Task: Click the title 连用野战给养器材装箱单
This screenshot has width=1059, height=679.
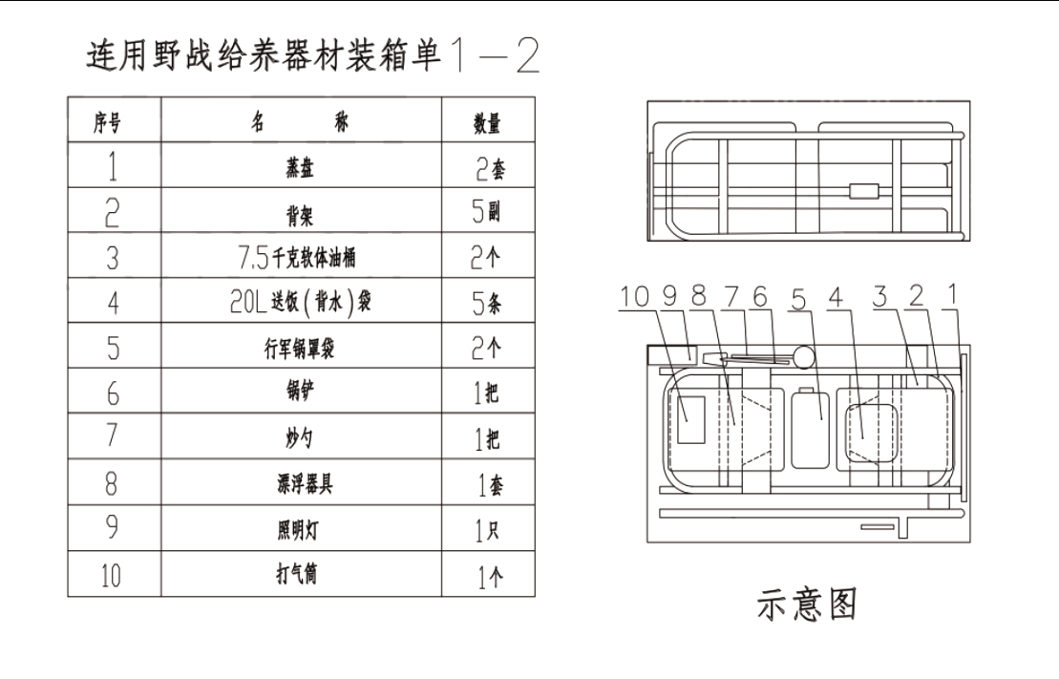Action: pos(264,54)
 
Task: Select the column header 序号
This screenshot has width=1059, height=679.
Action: pos(107,123)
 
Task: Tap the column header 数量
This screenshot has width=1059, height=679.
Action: pos(487,123)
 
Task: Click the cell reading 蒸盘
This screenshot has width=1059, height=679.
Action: pos(300,167)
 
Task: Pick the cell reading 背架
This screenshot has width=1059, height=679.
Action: pos(300,215)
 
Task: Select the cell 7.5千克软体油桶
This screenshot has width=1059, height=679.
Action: pos(296,258)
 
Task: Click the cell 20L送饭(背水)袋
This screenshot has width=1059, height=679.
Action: pos(301,302)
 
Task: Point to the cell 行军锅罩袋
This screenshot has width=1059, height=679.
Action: pos(299,348)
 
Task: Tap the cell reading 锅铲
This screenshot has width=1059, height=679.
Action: pos(300,392)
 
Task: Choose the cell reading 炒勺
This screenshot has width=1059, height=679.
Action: pos(299,438)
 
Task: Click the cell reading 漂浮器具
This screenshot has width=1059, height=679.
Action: pos(305,483)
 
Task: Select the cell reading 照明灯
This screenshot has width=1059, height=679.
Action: pos(298,530)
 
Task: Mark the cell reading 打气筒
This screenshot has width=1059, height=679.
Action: pos(296,574)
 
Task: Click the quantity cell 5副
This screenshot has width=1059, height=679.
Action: pos(486,212)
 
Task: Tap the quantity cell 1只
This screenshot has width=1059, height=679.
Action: pos(487,531)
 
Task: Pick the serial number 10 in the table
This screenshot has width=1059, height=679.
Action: pos(111,576)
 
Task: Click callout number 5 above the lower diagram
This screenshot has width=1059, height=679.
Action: pos(799,299)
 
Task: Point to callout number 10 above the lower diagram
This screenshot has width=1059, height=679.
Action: pos(634,297)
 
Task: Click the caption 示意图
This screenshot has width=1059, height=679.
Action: pos(807,604)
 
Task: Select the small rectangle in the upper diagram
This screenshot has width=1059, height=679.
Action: pos(864,191)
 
